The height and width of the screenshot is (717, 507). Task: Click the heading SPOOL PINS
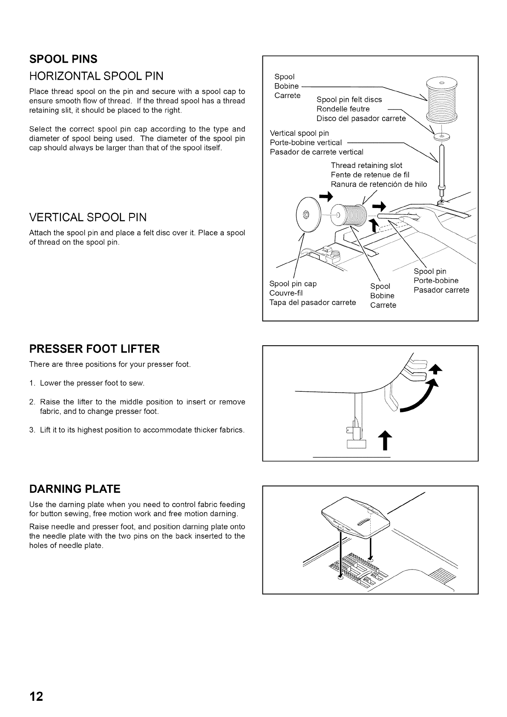pos(63,59)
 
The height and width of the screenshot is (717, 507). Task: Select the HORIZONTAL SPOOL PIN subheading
pos(96,76)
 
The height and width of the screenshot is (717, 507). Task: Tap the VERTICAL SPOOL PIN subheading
pos(88,217)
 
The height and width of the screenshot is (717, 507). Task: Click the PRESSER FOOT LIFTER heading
pos(94,349)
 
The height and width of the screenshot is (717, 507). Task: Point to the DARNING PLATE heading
pos(75,489)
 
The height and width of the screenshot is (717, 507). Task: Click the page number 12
pos(36,697)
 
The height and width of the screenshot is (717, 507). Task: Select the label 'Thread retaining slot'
pos(366,165)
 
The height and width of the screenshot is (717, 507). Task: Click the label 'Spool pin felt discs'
pos(349,100)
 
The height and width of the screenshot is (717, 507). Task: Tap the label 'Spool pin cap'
pos(293,284)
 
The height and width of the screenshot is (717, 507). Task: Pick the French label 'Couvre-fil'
pos(286,293)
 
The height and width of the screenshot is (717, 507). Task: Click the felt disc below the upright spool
pos(441,137)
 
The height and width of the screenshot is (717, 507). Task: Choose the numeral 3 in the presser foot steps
pos(32,430)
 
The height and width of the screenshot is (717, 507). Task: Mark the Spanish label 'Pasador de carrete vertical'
pos(317,152)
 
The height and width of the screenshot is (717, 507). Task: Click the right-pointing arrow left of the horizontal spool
pos(326,197)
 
